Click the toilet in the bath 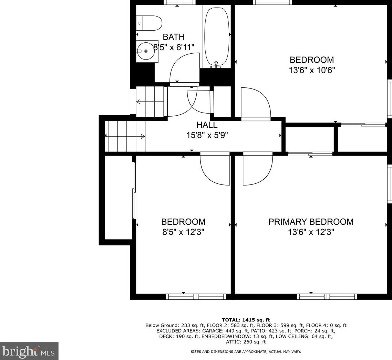(149, 23)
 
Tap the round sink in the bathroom (145, 51)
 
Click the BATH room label (174, 37)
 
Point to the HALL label (207, 125)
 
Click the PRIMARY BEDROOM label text (311, 222)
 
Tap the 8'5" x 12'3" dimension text (183, 232)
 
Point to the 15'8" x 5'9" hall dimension (207, 135)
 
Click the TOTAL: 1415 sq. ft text (246, 320)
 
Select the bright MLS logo (29, 351)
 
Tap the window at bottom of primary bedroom (327, 297)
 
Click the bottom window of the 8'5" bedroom (196, 297)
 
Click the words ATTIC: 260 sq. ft (246, 342)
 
